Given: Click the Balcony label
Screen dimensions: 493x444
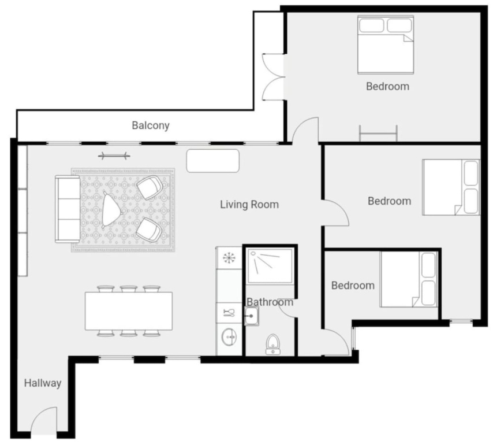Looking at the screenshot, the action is click(x=151, y=125).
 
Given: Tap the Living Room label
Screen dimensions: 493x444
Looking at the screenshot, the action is click(x=249, y=204).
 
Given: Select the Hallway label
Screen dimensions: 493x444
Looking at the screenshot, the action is click(x=43, y=383).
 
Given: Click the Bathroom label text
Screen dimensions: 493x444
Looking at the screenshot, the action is click(x=270, y=302).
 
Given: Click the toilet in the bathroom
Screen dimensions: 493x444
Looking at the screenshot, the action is click(x=272, y=345).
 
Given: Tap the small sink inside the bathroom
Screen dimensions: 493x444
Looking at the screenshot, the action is click(x=252, y=316).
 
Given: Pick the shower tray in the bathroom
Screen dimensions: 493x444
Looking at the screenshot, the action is click(x=270, y=266).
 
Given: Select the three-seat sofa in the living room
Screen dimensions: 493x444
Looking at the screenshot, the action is click(x=68, y=209).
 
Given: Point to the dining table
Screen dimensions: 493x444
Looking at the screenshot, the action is click(x=129, y=311).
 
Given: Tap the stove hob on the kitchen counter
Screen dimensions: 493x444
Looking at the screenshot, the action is click(x=229, y=258).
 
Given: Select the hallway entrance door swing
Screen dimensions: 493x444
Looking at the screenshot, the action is click(x=44, y=421).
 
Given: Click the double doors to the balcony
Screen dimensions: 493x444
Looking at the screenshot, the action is click(x=274, y=77).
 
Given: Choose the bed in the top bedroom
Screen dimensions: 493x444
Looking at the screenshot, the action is click(x=386, y=45).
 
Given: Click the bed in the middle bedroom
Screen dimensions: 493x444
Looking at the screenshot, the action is click(x=451, y=187).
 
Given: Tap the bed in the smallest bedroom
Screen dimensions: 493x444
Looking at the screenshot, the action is click(x=409, y=279).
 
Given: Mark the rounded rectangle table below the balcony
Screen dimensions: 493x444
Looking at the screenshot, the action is click(x=213, y=161).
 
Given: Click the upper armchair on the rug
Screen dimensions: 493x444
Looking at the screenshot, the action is click(x=150, y=187).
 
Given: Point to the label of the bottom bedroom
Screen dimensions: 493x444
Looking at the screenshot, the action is click(x=353, y=286).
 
